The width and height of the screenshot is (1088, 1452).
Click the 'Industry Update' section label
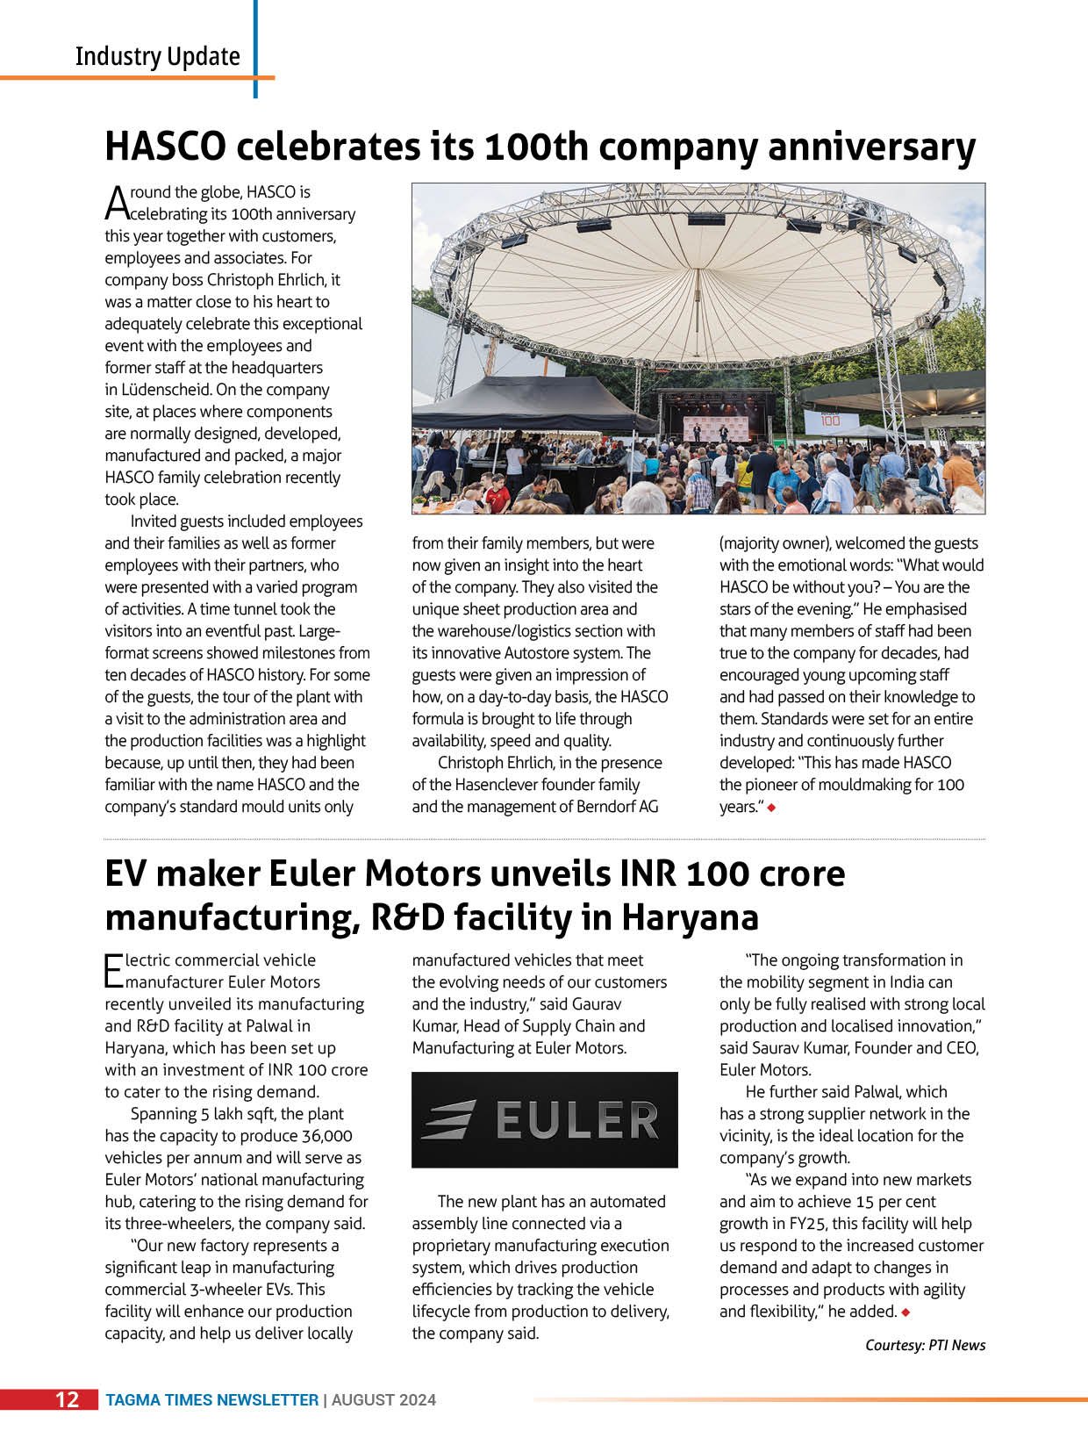(x=157, y=56)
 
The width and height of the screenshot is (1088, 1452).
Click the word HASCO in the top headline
(x=165, y=146)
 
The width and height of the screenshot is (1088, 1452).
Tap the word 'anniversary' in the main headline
(x=871, y=146)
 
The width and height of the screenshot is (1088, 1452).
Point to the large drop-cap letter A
(x=117, y=203)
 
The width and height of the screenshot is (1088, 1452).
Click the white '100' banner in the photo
(x=829, y=420)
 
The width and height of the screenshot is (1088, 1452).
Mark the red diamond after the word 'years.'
(x=771, y=808)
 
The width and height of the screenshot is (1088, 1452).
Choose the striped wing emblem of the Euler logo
(x=450, y=1120)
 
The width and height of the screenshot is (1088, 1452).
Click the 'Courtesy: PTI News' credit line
(x=925, y=1345)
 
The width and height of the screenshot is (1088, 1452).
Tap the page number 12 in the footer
(x=68, y=1399)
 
